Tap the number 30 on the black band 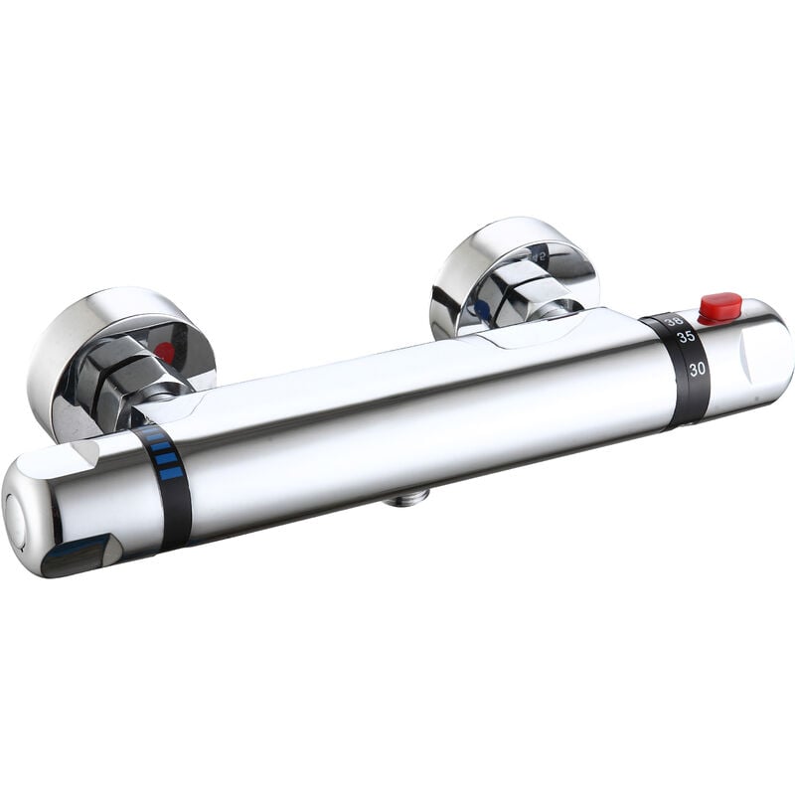(x=698, y=368)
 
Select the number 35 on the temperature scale (x=686, y=337)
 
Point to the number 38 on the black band (x=674, y=320)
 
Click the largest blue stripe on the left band (x=172, y=473)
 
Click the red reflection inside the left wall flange (x=165, y=352)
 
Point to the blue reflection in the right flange (x=483, y=309)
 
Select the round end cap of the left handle (x=17, y=517)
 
